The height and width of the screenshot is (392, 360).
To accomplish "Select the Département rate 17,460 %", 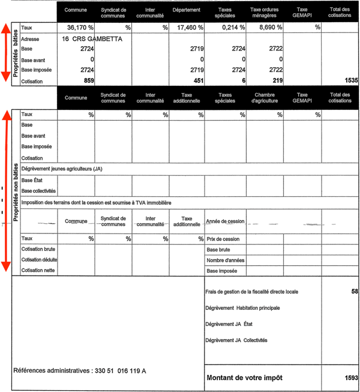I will [191, 28].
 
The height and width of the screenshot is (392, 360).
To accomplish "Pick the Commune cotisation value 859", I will [89, 80].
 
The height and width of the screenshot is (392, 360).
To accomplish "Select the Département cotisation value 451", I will [199, 80].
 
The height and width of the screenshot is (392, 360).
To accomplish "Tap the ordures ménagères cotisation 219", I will [277, 80].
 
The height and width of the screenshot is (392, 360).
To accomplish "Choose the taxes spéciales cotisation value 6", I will [244, 80].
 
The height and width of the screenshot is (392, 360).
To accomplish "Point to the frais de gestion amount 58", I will [354, 291].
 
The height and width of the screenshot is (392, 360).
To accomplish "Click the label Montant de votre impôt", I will [244, 378].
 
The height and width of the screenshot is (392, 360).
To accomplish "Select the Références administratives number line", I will [79, 371].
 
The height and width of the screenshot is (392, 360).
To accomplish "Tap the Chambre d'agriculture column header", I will [265, 98].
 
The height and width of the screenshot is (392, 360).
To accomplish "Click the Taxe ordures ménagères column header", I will [265, 13].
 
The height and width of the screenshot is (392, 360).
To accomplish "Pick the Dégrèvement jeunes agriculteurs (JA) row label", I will [62, 169].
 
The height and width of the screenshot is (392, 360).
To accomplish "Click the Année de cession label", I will [226, 222].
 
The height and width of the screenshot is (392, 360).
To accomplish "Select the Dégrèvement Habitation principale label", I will [242, 308].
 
